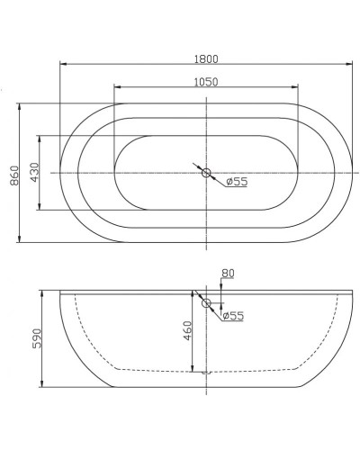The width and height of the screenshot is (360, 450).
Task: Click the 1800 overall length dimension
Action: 205,58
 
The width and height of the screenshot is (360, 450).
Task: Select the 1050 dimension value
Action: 205,81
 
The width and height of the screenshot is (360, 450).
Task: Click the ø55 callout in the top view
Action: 237,182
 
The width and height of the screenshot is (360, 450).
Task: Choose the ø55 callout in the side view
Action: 233,315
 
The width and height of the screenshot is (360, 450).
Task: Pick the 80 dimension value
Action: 227,274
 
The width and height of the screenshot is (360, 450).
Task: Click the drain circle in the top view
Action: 206,172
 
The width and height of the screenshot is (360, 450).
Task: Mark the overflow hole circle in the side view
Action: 206,303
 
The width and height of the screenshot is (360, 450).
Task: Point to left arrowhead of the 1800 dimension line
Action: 62,64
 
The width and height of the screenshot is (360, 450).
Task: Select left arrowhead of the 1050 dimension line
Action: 116,87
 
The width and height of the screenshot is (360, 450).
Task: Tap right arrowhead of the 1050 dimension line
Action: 298,87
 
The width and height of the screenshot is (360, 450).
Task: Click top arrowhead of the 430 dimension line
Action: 40,138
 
